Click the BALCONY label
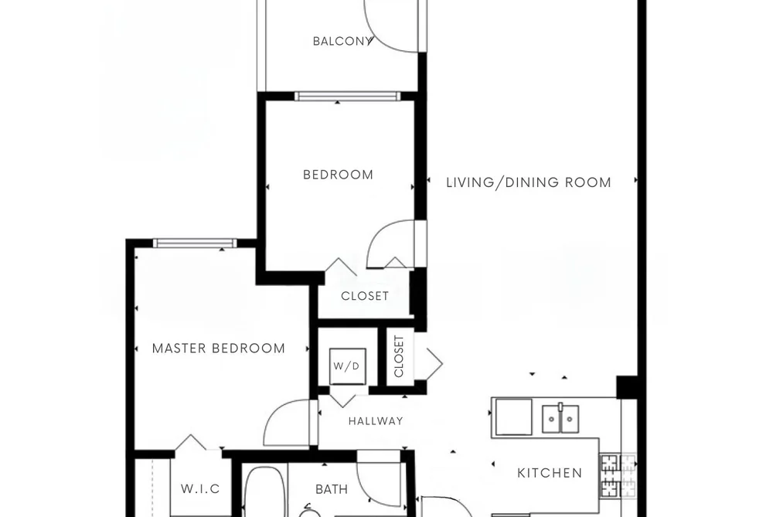342,42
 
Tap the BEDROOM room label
338,175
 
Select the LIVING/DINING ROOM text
529,182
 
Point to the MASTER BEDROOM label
218,349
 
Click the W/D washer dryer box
348,366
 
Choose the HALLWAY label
376,421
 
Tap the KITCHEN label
550,473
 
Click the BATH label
332,489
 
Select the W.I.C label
200,488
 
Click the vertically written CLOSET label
399,356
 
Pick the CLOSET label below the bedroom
365,296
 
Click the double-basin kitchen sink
561,419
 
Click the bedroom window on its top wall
347,97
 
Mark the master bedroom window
195,243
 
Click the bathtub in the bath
264,491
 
